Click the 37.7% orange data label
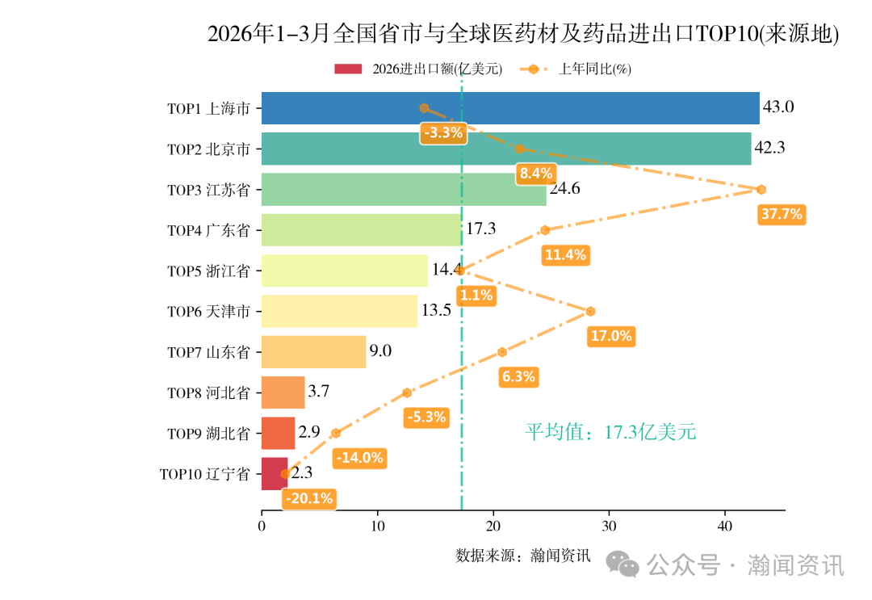782,214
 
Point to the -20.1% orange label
309,498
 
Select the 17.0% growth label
610,336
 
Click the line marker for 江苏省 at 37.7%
761,190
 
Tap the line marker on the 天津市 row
590,312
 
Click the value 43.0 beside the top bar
779,107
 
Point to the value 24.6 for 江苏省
564,189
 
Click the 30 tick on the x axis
609,526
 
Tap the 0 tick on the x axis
262,526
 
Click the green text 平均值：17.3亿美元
610,432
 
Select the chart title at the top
523,35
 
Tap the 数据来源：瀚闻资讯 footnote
523,556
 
